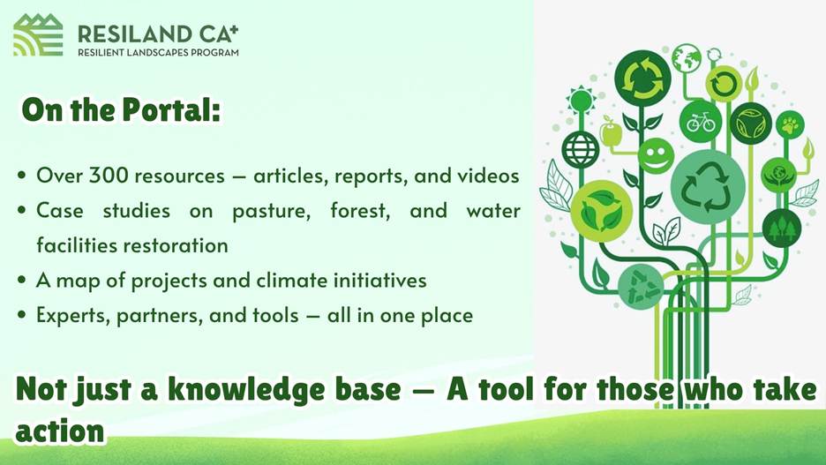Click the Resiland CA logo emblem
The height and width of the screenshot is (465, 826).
[38, 34]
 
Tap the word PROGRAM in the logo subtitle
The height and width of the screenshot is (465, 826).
[217, 53]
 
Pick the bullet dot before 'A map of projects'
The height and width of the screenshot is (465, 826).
[21, 280]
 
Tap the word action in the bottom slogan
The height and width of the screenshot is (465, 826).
[60, 431]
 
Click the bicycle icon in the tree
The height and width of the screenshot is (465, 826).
[700, 122]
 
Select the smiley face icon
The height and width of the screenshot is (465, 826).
[656, 155]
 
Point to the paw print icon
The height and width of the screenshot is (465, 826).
[790, 124]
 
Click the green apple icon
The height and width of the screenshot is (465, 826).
[611, 131]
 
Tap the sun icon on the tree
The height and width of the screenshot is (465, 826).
[581, 100]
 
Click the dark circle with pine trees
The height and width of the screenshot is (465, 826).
[782, 228]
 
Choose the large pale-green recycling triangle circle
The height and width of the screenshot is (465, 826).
[708, 187]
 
